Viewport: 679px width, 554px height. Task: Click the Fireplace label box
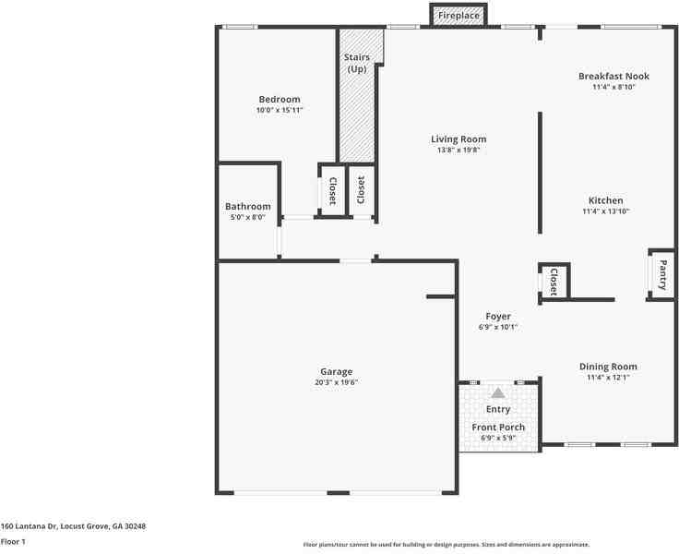coord(459,16)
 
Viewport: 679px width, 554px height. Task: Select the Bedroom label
coord(279,100)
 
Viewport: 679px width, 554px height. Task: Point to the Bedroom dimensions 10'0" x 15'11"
coord(279,111)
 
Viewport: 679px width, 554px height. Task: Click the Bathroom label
coord(247,207)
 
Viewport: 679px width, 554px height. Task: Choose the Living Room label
coord(459,139)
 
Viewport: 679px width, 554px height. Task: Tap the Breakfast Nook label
coord(613,76)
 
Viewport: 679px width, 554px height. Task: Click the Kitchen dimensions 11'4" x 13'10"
coord(605,211)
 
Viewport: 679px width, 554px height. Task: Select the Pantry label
coord(661,274)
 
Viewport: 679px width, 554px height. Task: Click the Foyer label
coord(498,316)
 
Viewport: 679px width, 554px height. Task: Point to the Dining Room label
coord(607,367)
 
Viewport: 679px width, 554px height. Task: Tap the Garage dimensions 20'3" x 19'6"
coord(336,382)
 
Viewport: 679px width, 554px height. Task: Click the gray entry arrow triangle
coord(498,392)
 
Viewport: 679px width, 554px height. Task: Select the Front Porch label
coord(498,428)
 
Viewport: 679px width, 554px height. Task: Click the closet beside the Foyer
coord(554,282)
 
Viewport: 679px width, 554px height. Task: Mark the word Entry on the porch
coord(498,409)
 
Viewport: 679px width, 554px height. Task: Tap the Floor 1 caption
coord(13,542)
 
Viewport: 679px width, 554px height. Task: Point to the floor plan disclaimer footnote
coord(446,545)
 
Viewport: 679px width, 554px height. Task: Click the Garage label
coord(336,371)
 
